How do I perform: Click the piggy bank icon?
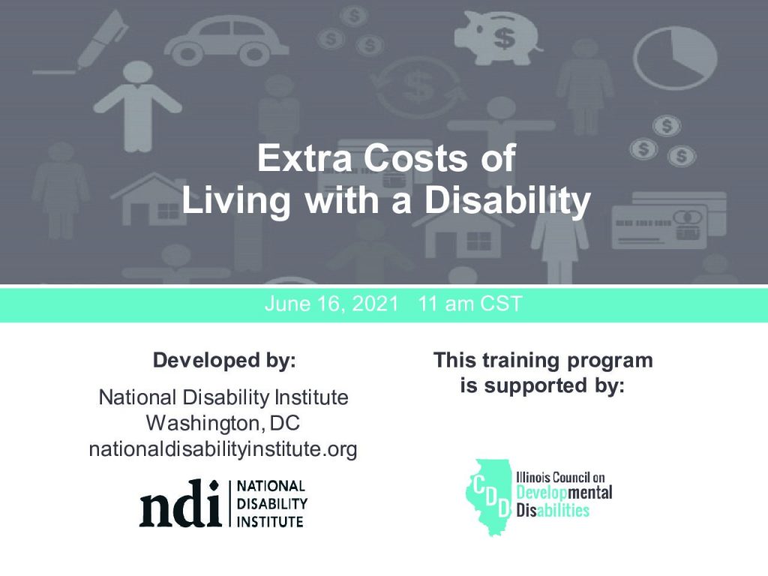pos(498,37)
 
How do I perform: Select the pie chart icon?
pos(675,58)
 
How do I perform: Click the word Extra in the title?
pos(304,157)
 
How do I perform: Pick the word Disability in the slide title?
pos(508,199)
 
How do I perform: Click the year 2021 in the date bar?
pos(375,304)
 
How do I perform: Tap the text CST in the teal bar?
pos(500,304)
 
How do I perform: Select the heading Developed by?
pos(224,360)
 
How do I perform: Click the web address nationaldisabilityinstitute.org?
pos(223,448)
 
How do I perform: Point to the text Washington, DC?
pos(223,423)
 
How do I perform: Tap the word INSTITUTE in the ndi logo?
pos(270,522)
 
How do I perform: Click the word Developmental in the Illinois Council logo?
pos(564,493)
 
